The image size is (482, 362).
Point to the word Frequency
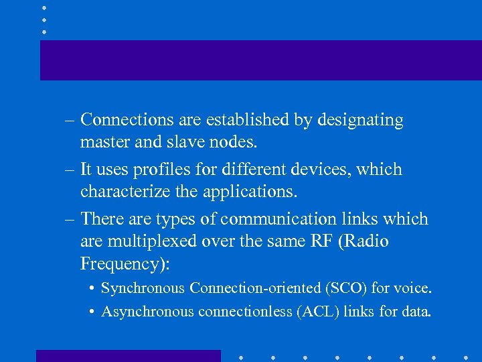[122, 264]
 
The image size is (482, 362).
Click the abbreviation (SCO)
[340, 288]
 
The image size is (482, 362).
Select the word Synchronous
[143, 288]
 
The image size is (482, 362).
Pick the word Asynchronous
[147, 312]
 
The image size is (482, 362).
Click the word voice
[413, 288]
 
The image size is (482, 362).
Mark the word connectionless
[244, 312]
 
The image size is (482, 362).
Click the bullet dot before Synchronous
[90, 289]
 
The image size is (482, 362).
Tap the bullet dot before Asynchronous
[90, 312]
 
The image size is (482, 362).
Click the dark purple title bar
[260, 60]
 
